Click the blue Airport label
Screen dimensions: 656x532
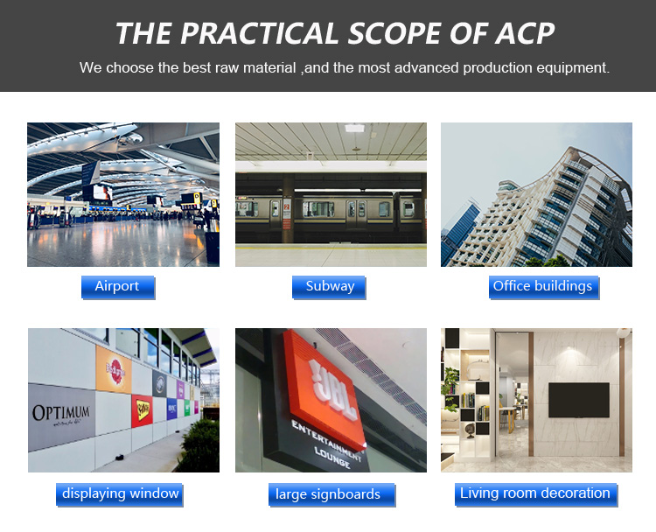[x=118, y=287]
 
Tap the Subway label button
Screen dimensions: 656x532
[x=329, y=287]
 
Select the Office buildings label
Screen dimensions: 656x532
[x=544, y=287]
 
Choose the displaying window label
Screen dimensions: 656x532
[x=120, y=494]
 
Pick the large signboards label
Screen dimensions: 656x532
[x=331, y=494]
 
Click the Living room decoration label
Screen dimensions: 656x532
[x=536, y=494]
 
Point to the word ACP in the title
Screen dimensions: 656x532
[x=525, y=33]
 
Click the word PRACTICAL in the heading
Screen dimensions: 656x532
[x=259, y=33]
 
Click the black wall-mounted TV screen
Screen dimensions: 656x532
[x=579, y=400]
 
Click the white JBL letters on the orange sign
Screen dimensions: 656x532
[x=333, y=389]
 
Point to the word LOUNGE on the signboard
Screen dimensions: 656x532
[x=332, y=458]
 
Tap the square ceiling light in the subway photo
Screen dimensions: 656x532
[x=354, y=128]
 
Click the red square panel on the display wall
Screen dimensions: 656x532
[x=142, y=410]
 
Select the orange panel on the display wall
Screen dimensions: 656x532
[x=114, y=369]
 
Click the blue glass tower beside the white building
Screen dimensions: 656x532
[x=459, y=231]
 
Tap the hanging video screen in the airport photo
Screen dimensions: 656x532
[x=102, y=192]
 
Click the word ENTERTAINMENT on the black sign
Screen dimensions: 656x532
[x=326, y=440]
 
